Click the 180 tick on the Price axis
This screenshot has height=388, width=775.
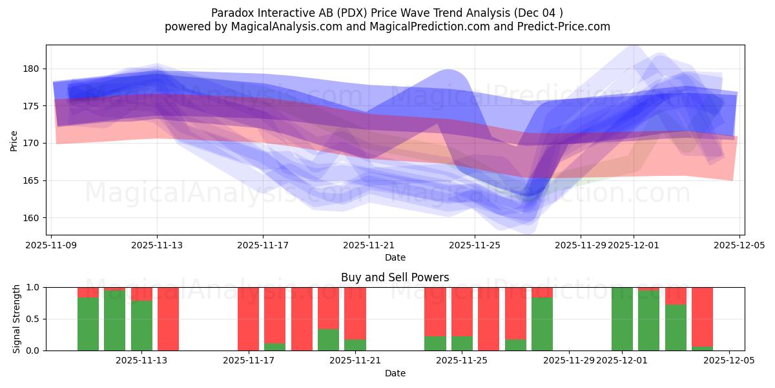pyautogui.click(x=33, y=69)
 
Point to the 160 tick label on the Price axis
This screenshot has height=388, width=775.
pyautogui.click(x=33, y=218)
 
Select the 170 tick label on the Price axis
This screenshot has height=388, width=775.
pyautogui.click(x=33, y=143)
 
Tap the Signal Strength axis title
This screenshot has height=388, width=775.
pyautogui.click(x=17, y=319)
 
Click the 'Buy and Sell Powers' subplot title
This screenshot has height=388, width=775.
pyautogui.click(x=395, y=277)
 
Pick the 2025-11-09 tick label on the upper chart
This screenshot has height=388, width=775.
pyautogui.click(x=51, y=245)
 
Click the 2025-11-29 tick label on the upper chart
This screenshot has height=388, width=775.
pyautogui.click(x=580, y=245)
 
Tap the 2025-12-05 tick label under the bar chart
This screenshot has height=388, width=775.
pyautogui.click(x=729, y=361)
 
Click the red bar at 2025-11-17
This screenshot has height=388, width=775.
pyautogui.click(x=248, y=319)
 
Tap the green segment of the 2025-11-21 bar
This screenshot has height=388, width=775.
pyautogui.click(x=355, y=345)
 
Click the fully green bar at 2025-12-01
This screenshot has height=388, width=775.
pyautogui.click(x=622, y=319)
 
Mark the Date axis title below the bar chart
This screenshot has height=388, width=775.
pyautogui.click(x=395, y=373)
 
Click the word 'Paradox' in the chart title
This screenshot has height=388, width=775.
pyautogui.click(x=232, y=13)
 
